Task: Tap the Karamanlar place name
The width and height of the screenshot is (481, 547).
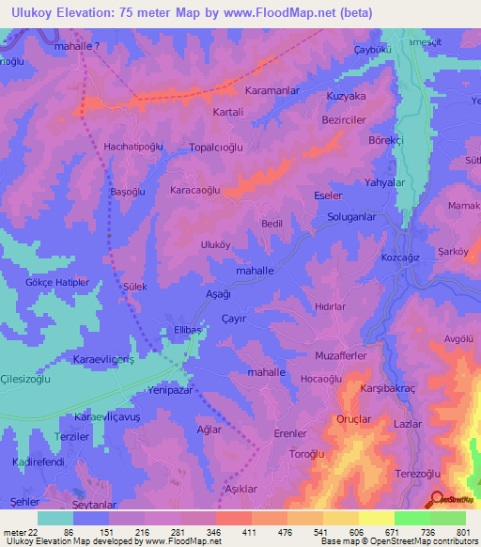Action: tap(245, 92)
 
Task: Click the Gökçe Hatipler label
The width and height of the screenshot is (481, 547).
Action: tap(57, 282)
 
